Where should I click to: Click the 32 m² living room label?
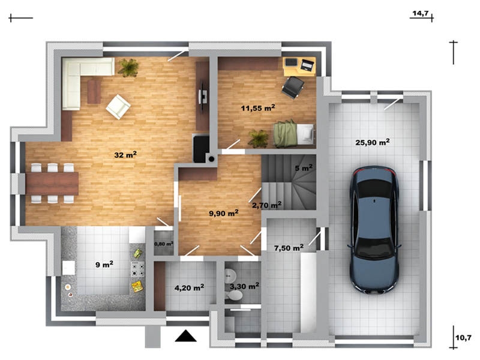click(125, 155)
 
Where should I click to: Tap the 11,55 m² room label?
click(258, 108)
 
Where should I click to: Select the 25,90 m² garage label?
click(372, 142)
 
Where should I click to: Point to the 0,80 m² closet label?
click(164, 244)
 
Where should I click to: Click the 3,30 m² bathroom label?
click(244, 286)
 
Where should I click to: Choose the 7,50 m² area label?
click(289, 248)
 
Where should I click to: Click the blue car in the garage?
click(374, 230)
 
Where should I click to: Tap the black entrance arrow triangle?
click(185, 336)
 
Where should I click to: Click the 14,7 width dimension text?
click(421, 13)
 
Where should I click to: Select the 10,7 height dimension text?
click(463, 338)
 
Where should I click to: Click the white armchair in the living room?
click(118, 107)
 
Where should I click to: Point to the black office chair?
click(293, 88)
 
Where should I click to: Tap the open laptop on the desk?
click(307, 65)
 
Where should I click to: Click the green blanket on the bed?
click(286, 134)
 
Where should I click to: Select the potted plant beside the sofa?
click(128, 67)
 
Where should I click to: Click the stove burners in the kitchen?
click(138, 269)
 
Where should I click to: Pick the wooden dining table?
click(52, 184)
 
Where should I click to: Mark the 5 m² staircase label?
click(304, 168)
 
